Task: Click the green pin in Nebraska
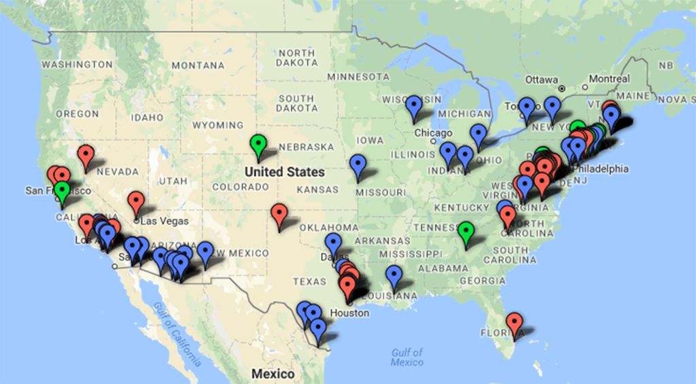[258, 144]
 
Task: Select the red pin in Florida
[515, 322]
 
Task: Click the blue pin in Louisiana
[394, 275]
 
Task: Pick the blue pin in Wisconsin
[414, 105]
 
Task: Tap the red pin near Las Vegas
[136, 200]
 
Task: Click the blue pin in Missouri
[358, 164]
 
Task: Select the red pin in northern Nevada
[85, 154]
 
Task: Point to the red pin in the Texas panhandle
[279, 213]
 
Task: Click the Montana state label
[198, 65]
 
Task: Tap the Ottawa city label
[541, 79]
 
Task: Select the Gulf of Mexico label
[407, 357]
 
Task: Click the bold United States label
[285, 172]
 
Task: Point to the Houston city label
[349, 313]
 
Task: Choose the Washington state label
[77, 65]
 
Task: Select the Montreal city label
[609, 79]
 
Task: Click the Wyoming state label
[217, 126]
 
